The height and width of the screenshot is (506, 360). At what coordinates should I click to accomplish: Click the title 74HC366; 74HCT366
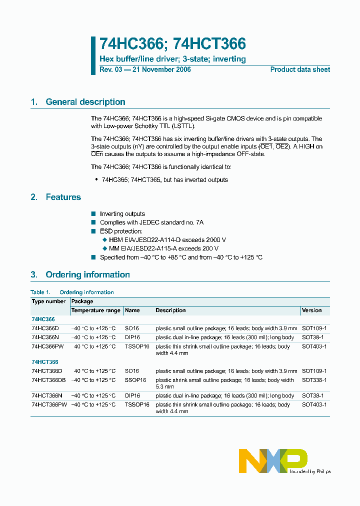[172, 44]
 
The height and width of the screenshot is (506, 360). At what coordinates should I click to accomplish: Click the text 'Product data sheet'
[300, 69]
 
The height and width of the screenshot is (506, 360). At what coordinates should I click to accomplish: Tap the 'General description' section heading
[85, 102]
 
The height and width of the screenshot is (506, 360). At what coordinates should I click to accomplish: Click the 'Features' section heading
[63, 197]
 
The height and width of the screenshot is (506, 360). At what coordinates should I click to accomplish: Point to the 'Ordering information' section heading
[87, 274]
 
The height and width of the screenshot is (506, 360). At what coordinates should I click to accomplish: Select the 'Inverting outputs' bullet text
[122, 214]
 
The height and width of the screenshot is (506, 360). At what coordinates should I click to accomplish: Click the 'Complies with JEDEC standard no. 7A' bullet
[151, 222]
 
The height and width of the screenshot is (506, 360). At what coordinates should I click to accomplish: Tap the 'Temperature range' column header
[95, 310]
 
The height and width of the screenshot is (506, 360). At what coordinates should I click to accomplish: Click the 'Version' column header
[311, 310]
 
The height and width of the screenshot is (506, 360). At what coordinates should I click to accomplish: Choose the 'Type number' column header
[48, 301]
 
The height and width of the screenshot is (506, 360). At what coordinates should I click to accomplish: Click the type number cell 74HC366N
[45, 337]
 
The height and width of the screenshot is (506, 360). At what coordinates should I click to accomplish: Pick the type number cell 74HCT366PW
[48, 404]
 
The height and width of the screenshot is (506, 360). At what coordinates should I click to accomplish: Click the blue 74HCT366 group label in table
[44, 362]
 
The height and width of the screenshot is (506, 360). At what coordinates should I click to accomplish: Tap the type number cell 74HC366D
[45, 328]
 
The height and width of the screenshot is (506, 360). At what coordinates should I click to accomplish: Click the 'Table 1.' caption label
[40, 292]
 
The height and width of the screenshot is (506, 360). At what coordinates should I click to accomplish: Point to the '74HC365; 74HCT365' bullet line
[164, 180]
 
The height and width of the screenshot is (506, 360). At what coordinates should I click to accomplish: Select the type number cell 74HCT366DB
[48, 380]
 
